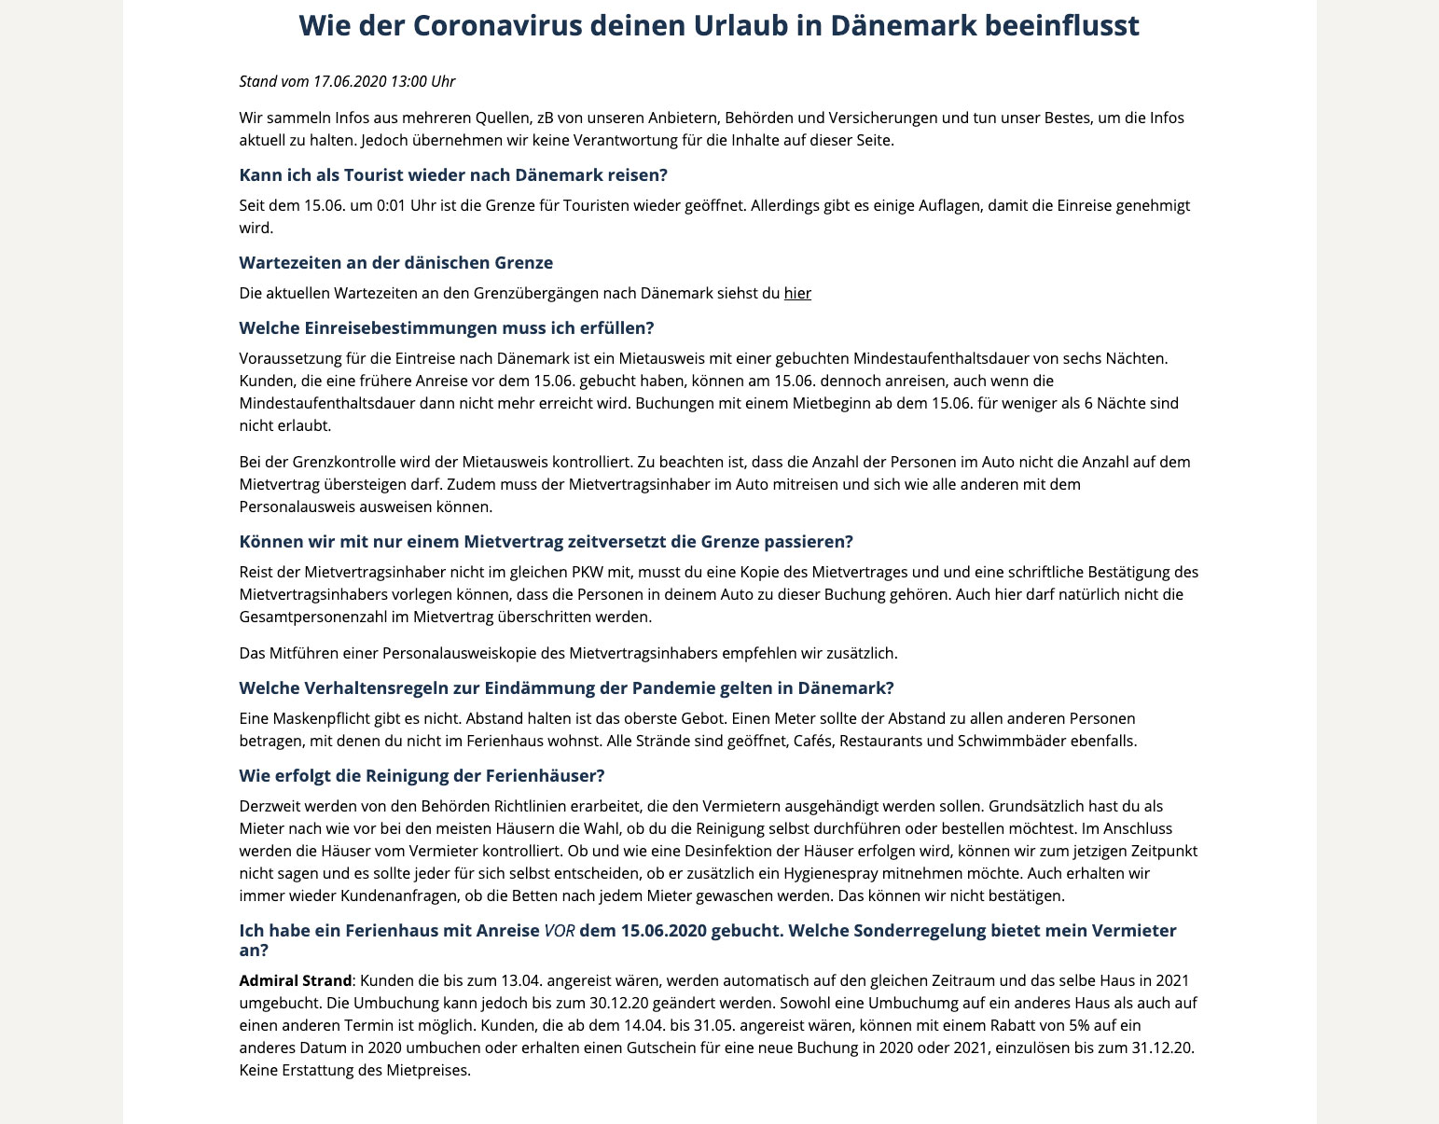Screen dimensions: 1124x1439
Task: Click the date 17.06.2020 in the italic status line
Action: (349, 81)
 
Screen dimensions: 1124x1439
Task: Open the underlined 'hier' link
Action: (797, 293)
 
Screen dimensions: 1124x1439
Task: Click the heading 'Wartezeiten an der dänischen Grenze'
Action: (396, 262)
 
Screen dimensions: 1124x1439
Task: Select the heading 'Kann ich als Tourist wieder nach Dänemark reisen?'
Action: (453, 175)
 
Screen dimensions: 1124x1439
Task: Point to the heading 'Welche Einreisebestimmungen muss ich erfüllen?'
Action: (447, 327)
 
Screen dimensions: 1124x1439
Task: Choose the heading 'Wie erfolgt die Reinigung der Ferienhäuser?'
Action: (422, 776)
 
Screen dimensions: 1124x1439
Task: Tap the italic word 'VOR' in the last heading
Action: (558, 931)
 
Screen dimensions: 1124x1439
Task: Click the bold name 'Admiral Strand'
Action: (296, 980)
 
